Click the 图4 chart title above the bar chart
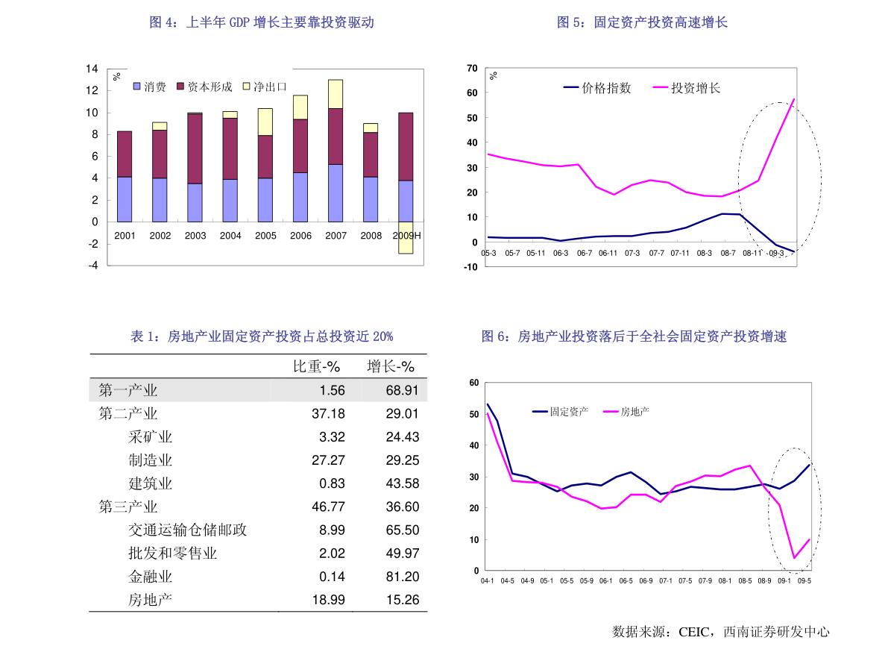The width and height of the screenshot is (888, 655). point(261,22)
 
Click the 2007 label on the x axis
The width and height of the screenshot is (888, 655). point(336,236)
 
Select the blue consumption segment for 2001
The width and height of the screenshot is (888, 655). point(125,199)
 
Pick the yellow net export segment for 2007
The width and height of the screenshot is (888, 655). point(336,94)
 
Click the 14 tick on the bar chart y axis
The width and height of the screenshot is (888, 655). point(92,69)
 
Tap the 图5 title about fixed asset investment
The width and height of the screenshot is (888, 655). point(642,22)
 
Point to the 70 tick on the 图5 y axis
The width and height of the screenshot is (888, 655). point(472,69)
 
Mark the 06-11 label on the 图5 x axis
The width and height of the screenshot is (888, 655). point(608,253)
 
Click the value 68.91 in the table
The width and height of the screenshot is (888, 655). point(402,390)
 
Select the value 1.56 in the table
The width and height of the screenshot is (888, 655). point(332,390)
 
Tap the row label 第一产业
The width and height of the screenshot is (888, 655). point(128,390)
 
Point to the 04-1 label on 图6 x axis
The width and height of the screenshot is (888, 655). point(488,581)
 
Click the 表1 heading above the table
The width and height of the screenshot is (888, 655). point(262,336)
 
